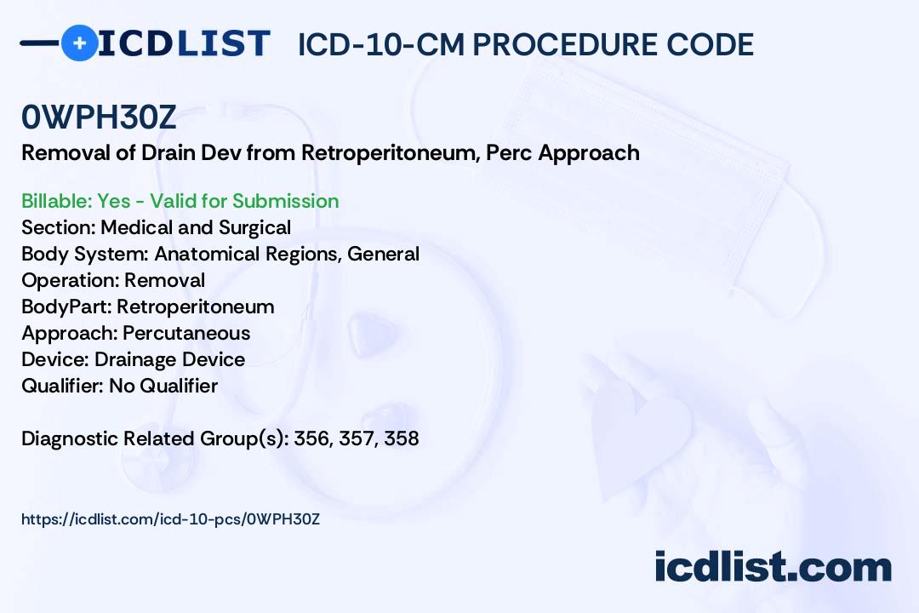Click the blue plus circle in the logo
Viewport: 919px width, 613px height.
pyautogui.click(x=79, y=43)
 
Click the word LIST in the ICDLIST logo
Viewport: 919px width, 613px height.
pyautogui.click(x=223, y=43)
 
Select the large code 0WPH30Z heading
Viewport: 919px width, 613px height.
pyautogui.click(x=99, y=117)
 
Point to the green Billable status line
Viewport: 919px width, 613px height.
pyautogui.click(x=180, y=201)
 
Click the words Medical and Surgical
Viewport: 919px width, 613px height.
pyautogui.click(x=196, y=227)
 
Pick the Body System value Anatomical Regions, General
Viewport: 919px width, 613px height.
pyautogui.click(x=287, y=254)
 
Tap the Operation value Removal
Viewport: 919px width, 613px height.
pyautogui.click(x=165, y=280)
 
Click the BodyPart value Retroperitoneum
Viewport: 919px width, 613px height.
pyautogui.click(x=195, y=306)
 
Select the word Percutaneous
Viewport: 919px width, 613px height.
pyautogui.click(x=186, y=333)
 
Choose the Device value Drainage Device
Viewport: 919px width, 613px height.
pyautogui.click(x=169, y=359)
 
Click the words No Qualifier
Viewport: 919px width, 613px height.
pyautogui.click(x=163, y=386)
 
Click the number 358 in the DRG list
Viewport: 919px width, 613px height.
pyautogui.click(x=402, y=438)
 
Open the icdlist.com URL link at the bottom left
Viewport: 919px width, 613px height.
pyautogui.click(x=170, y=519)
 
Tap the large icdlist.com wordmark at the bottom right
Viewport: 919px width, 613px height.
pyautogui.click(x=773, y=566)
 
